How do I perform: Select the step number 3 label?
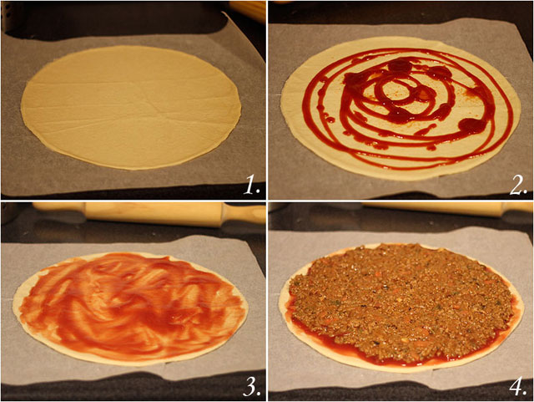coord(251,386)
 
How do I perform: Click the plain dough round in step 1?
coord(131,107)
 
